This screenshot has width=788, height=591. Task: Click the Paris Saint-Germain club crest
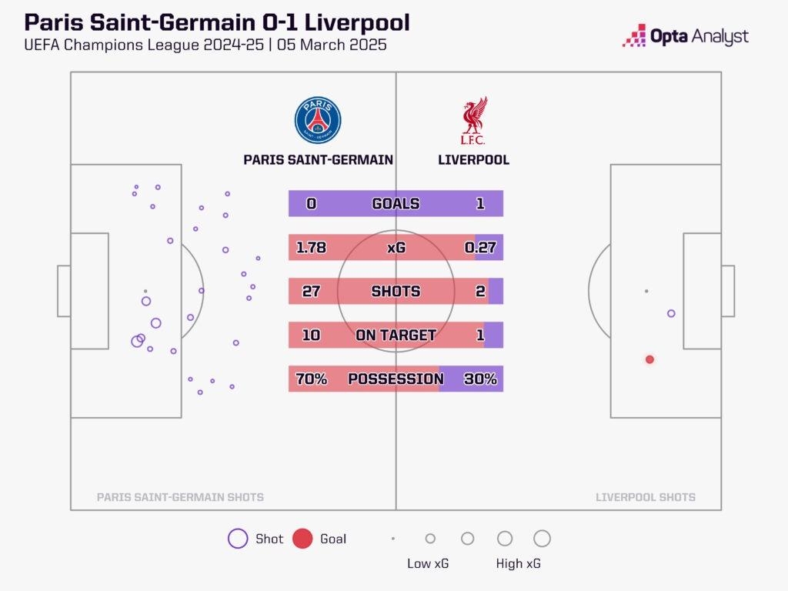(x=317, y=121)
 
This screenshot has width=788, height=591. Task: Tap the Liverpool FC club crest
(x=473, y=121)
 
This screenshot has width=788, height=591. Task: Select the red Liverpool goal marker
(x=649, y=359)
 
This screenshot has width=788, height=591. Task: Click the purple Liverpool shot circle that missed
(x=671, y=313)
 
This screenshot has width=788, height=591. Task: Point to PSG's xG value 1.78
(x=312, y=248)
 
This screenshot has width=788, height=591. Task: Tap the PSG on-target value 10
(x=312, y=336)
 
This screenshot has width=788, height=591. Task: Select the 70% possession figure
(x=312, y=379)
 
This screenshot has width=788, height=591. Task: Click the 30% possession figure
(x=480, y=379)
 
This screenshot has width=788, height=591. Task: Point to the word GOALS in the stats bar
(x=396, y=204)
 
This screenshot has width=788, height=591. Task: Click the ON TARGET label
(x=396, y=336)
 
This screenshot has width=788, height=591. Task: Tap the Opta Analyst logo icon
(x=634, y=35)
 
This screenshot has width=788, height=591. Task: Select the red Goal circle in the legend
(x=302, y=539)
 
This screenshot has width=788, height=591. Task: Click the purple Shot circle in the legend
(x=238, y=539)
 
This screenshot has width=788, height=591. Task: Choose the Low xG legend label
(x=428, y=564)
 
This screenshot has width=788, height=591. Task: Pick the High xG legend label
(x=519, y=564)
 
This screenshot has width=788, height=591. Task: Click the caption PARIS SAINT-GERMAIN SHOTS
(x=180, y=497)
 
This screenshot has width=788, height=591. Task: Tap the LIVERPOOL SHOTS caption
(x=646, y=497)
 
